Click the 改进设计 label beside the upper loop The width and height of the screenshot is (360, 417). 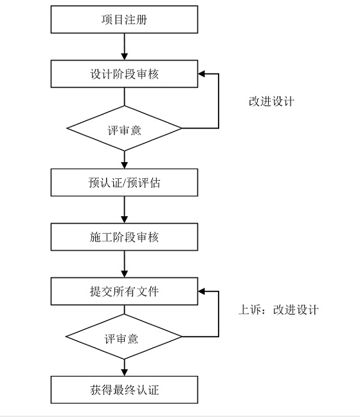point(271,101)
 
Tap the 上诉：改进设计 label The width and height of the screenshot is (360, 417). point(278,310)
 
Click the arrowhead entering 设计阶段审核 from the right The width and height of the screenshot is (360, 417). point(201,73)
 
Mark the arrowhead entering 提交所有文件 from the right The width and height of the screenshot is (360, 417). point(201,292)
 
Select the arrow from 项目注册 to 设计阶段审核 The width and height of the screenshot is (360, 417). point(124,47)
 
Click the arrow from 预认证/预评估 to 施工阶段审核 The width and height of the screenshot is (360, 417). point(124,210)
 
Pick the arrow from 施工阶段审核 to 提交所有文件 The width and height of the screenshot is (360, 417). point(124,264)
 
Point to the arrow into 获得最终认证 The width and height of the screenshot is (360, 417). point(124,367)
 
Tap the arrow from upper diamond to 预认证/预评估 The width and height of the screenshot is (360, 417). point(124,160)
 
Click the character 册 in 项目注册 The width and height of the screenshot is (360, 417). point(141,20)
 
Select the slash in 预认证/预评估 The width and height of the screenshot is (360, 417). point(124,183)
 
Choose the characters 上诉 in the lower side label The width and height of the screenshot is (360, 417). point(249,310)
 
